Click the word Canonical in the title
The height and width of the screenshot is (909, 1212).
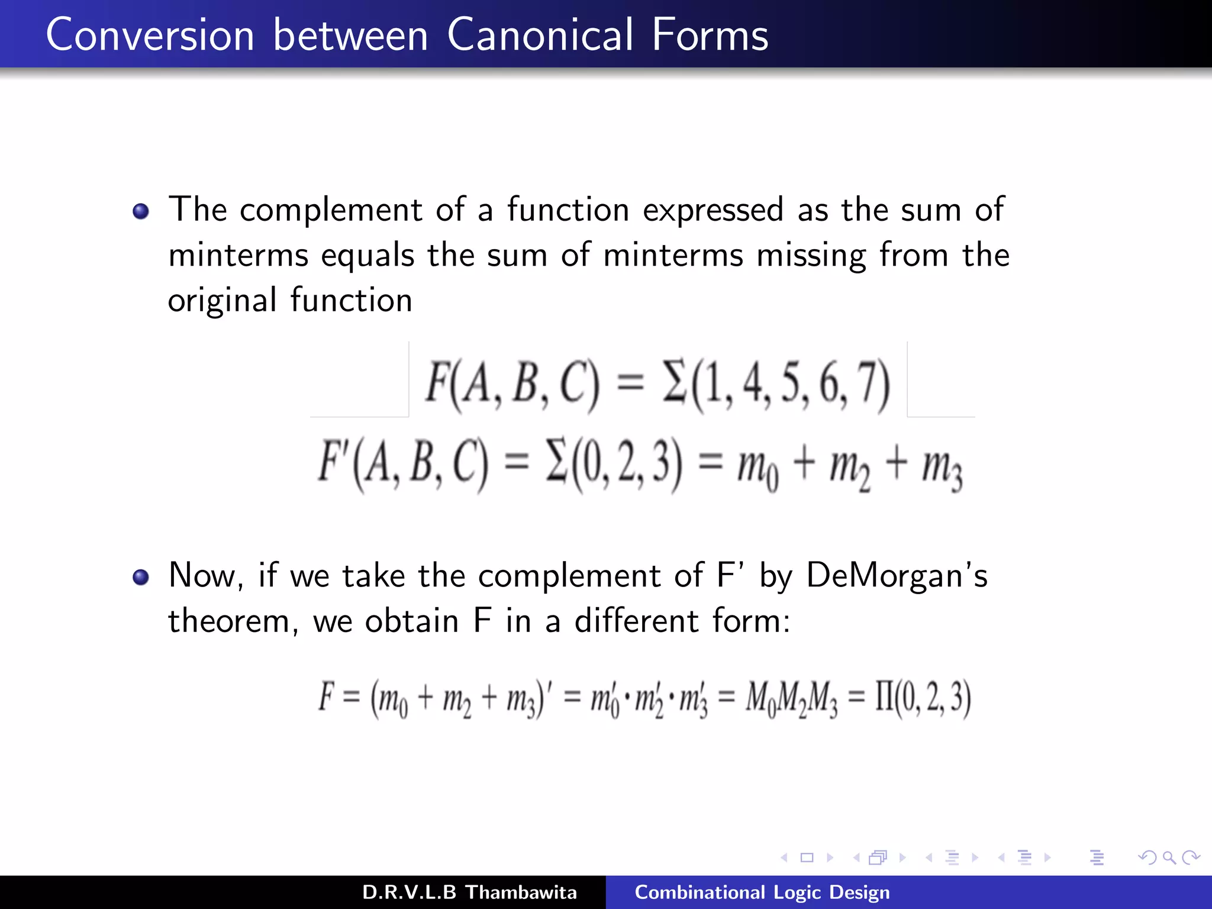(x=540, y=35)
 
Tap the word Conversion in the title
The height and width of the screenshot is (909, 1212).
(x=150, y=35)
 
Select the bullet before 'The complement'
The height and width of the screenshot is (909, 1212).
(x=141, y=211)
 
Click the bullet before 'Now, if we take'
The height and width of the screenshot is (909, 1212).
(x=141, y=577)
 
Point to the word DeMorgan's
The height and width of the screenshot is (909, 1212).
(x=897, y=575)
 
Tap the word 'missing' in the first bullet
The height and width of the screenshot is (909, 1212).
(x=811, y=256)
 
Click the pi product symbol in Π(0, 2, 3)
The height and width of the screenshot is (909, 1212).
(x=884, y=697)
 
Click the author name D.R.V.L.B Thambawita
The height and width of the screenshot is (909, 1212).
(x=469, y=892)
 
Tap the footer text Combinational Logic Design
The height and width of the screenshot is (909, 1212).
(x=762, y=892)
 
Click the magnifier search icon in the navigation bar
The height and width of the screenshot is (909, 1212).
(x=1169, y=858)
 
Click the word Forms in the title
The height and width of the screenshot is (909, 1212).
(x=710, y=35)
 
